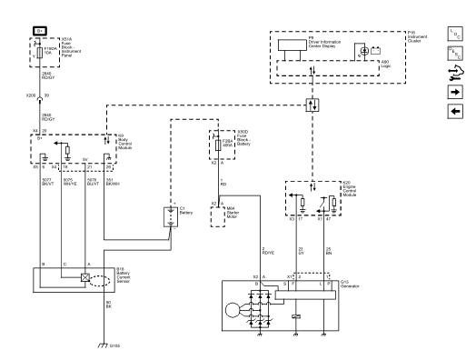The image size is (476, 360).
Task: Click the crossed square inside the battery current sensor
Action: click(84, 280)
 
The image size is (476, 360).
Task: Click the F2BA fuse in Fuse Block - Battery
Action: click(218, 144)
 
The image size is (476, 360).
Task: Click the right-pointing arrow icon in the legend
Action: click(456, 93)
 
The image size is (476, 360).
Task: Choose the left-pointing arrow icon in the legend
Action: click(456, 111)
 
